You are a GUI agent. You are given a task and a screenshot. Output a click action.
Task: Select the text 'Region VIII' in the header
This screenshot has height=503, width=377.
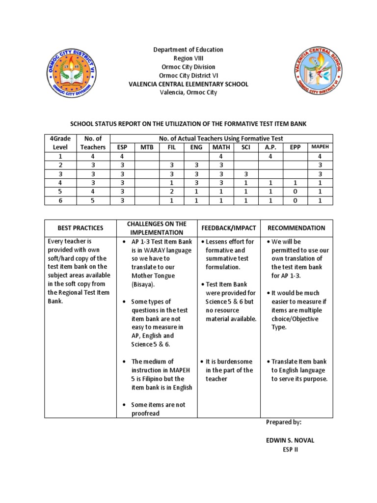pos(188,58)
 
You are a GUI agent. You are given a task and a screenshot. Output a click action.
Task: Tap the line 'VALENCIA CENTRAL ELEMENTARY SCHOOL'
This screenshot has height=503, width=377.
pos(188,84)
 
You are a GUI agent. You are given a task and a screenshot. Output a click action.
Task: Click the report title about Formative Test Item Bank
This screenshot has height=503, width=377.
pos(188,124)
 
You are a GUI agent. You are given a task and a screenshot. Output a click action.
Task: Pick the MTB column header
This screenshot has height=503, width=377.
pos(147,147)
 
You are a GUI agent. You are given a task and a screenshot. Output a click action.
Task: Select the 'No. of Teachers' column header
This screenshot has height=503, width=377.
pos(93,142)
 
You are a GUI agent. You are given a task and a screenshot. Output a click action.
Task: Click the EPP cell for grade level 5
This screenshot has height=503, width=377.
pos(295,191)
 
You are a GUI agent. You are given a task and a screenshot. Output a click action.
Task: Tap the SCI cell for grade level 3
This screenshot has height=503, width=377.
pos(246,174)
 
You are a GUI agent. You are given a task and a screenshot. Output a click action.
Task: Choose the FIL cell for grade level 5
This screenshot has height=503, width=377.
pos(171,191)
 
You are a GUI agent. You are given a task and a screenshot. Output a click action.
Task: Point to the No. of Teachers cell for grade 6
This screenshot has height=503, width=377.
pos(93,200)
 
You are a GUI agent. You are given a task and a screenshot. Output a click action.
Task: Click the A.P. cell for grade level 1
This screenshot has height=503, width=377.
pos(270,156)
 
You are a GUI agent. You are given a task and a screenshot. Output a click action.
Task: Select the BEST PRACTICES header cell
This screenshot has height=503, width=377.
pos(81,228)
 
